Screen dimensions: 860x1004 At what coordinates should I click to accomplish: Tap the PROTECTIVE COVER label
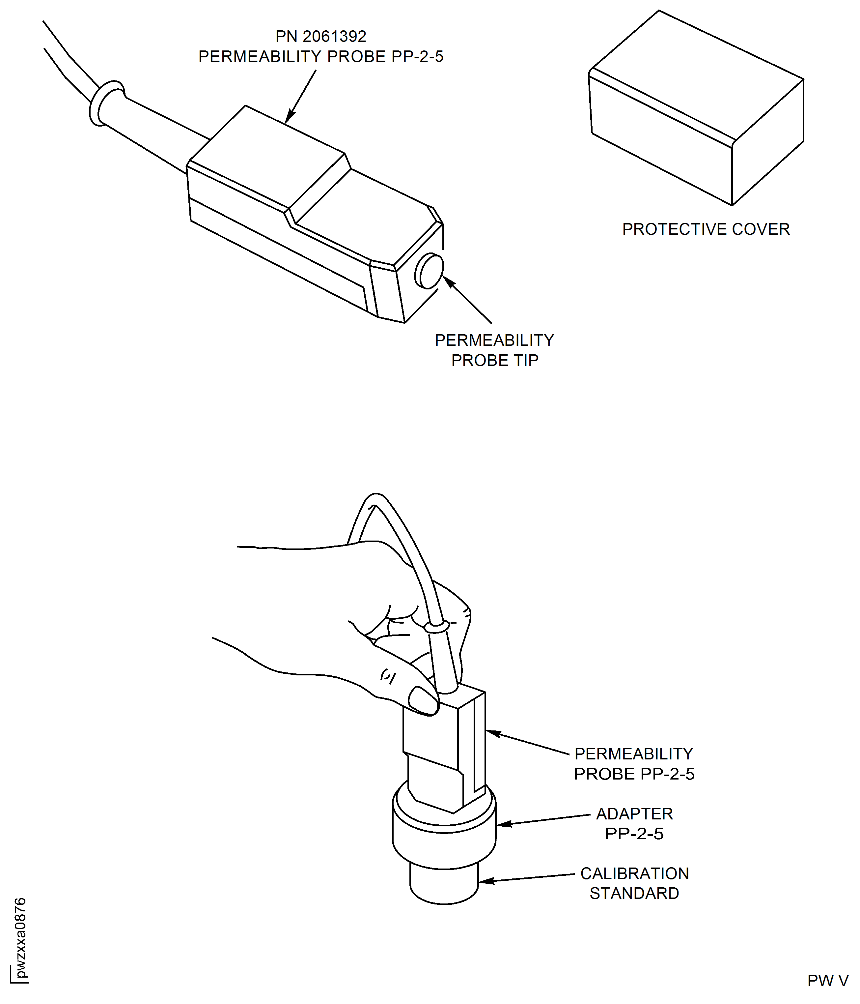coord(706,229)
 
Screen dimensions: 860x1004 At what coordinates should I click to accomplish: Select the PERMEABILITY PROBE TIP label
coord(494,350)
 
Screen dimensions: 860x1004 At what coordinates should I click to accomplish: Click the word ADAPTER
coord(634,813)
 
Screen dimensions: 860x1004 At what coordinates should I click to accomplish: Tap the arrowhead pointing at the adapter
coord(504,824)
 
